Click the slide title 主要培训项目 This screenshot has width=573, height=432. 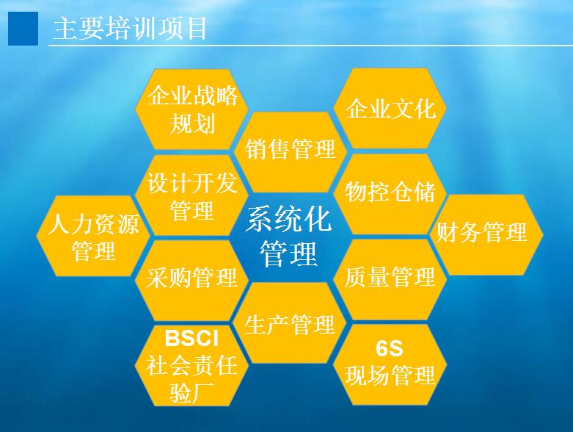coord(130,29)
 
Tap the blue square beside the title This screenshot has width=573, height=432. coord(23,29)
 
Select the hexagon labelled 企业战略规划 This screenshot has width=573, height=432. coord(192,109)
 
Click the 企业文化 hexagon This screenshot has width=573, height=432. coord(390,108)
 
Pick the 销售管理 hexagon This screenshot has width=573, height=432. coord(291,152)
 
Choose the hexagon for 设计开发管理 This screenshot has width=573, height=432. coord(192,195)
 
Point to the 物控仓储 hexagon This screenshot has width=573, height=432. coord(390,194)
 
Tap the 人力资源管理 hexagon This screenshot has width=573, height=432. coord(94,236)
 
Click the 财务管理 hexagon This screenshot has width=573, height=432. coord(486,235)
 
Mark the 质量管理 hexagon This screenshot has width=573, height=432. coord(390,279)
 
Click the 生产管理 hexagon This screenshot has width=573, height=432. coord(291,323)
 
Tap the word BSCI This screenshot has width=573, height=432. coord(191,339)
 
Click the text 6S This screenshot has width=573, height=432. coord(389,348)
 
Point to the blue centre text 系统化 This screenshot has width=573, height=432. coord(288,219)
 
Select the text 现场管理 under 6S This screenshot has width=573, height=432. coord(390,375)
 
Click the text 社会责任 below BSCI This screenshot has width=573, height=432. coord(191,365)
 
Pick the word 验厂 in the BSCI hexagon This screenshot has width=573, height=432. coord(191,392)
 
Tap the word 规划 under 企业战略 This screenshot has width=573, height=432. coord(192,123)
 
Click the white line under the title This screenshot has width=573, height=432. coord(310,46)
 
